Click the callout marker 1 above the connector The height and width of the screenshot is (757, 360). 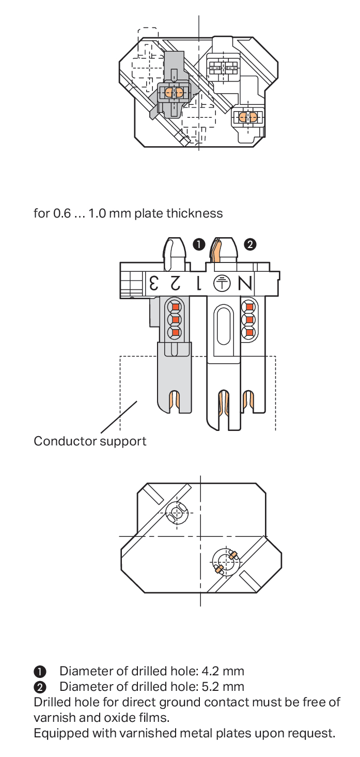(x=199, y=244)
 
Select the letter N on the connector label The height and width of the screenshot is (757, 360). (x=245, y=284)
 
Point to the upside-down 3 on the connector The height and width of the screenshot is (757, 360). (x=154, y=283)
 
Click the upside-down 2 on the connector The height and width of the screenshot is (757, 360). (x=176, y=283)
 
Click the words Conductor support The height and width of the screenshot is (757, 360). (x=90, y=441)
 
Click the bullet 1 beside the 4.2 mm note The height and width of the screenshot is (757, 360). (x=40, y=672)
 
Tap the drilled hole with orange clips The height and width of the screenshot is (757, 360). (x=225, y=561)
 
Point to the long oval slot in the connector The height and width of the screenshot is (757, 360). (x=223, y=326)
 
